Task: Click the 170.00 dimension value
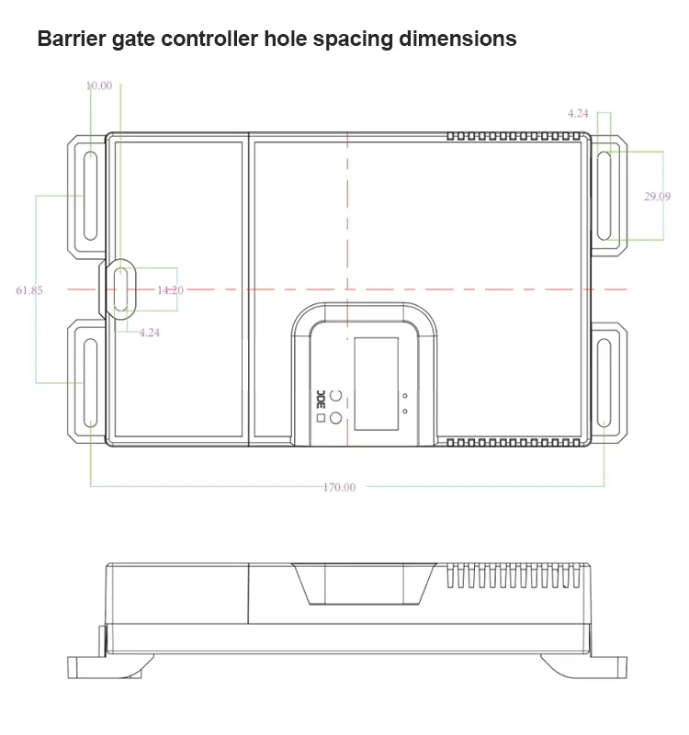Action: (339, 487)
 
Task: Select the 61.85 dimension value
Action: (29, 290)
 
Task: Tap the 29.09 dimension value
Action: (657, 197)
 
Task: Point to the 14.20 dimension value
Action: (170, 290)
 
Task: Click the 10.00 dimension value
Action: (99, 85)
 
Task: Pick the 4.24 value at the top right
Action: (578, 113)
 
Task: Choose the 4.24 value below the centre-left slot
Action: (150, 333)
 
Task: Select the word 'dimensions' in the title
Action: (457, 39)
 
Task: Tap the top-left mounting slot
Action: (90, 196)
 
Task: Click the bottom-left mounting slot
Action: (90, 383)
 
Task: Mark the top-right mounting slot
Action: (604, 196)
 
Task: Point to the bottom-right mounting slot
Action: (604, 383)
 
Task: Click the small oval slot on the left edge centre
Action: (121, 289)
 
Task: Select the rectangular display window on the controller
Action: (377, 383)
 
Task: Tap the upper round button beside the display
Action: (335, 395)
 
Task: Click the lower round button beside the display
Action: (335, 418)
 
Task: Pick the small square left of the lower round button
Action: (321, 418)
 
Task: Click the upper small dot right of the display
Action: (405, 396)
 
